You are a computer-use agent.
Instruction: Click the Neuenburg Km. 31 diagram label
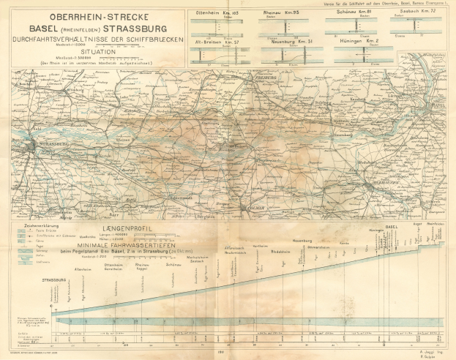coord(281,42)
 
